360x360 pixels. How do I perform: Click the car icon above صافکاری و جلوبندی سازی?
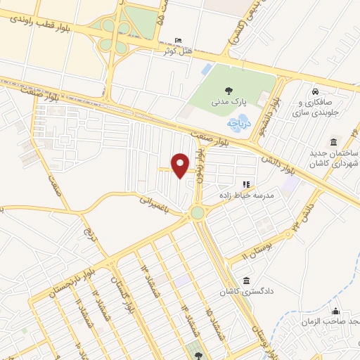pyautogui.click(x=317, y=91)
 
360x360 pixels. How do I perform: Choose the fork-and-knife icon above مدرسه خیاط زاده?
pyautogui.click(x=247, y=184)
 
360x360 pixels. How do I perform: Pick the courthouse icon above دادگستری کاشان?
pyautogui.click(x=246, y=279)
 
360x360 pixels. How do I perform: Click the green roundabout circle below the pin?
pyautogui.click(x=198, y=212)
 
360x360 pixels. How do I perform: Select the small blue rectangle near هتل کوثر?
pyautogui.click(x=206, y=70)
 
